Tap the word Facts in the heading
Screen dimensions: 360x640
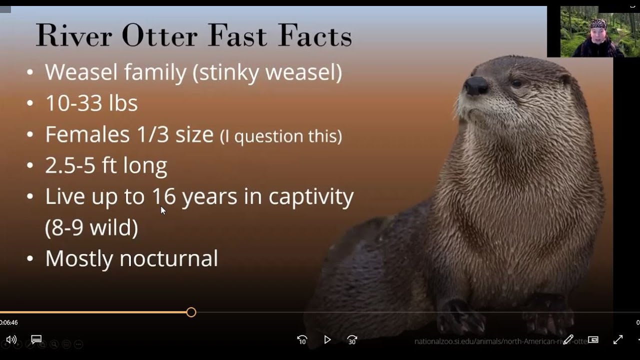pos(315,35)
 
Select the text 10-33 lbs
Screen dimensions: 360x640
pos(91,103)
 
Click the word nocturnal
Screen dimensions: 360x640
pos(168,258)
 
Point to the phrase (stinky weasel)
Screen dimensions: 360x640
pos(267,72)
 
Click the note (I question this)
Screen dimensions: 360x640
pos(281,136)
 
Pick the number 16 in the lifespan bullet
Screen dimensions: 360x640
pos(164,196)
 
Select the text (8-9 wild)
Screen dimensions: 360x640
pos(91,227)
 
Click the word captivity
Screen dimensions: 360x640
pos(311,196)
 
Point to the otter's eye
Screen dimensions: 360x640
pos(517,83)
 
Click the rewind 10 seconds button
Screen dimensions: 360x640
pos(302,340)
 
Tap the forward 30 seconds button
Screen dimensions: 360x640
pos(352,340)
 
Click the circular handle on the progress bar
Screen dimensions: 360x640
pos(191,312)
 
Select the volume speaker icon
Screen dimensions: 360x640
pos(11,340)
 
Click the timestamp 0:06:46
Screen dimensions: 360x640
pos(9,323)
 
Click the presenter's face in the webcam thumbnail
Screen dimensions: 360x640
pos(598,34)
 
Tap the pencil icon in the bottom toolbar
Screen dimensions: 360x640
pos(568,340)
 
